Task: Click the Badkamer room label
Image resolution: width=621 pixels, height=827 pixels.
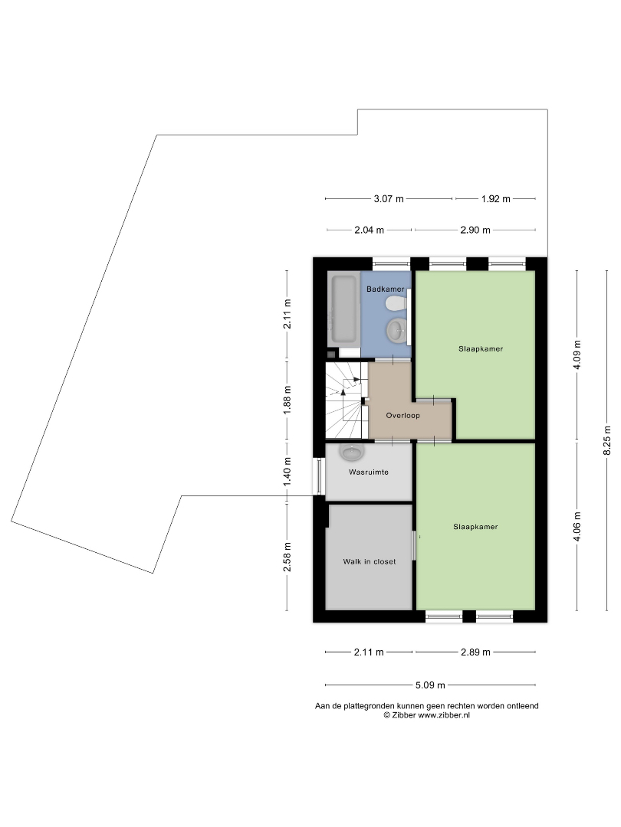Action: [386, 289]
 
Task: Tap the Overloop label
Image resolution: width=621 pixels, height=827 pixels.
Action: [403, 416]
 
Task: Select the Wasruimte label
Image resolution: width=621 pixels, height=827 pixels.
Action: [369, 472]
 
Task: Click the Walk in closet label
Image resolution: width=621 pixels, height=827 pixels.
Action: [369, 562]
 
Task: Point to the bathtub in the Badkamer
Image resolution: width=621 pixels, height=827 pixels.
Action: [343, 309]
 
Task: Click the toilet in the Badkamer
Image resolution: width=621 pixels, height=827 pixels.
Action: [396, 303]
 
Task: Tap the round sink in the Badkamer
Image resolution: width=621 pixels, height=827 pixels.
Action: [396, 331]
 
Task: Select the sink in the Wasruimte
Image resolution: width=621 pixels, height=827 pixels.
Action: [352, 452]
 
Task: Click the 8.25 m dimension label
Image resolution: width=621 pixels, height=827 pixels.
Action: [607, 440]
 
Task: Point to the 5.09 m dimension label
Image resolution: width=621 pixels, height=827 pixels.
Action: [430, 685]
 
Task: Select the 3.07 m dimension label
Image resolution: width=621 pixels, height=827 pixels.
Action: [389, 199]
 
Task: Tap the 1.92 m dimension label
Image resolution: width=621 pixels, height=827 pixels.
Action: [496, 199]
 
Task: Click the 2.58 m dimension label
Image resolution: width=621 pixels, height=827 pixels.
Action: [287, 557]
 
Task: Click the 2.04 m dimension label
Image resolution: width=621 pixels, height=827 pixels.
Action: [369, 230]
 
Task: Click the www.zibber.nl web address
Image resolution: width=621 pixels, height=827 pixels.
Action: [444, 715]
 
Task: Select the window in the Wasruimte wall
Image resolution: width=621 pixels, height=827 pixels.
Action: [318, 476]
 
